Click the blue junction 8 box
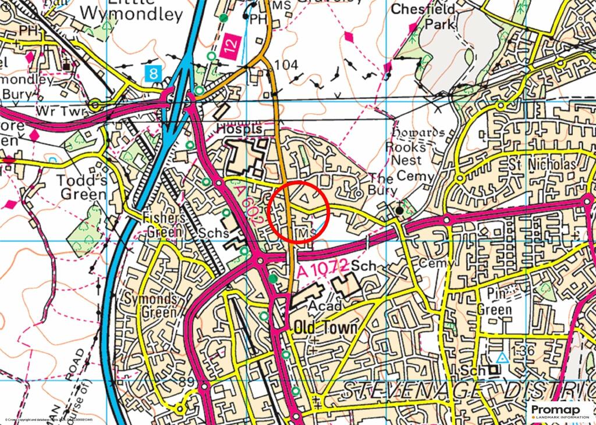pos(152,73)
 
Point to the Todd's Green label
pos(82,187)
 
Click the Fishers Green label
pos(165,223)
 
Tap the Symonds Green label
pos(151,306)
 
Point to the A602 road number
pos(252,204)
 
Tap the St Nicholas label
pos(542,166)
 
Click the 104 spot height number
pos(286,65)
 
